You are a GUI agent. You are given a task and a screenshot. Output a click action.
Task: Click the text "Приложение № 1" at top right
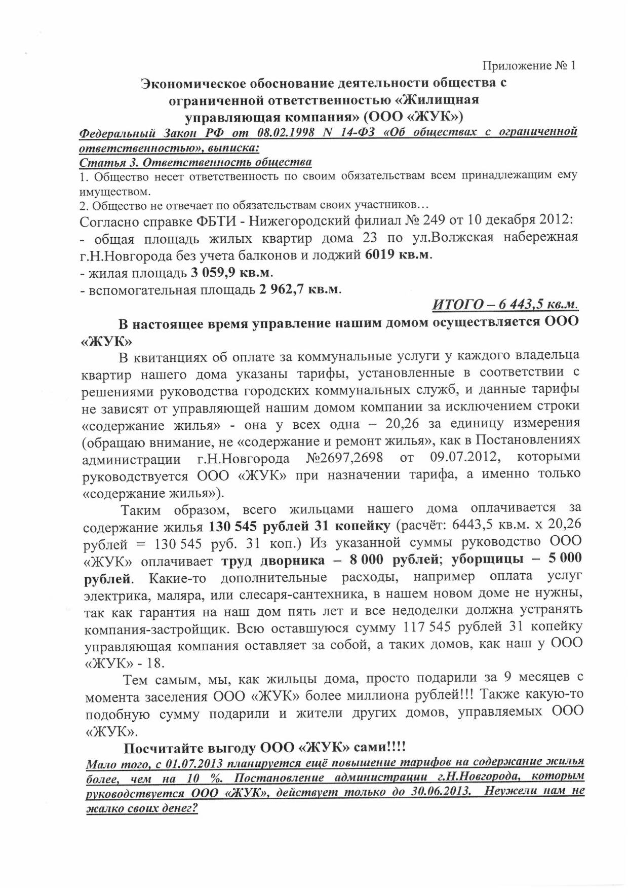(529, 65)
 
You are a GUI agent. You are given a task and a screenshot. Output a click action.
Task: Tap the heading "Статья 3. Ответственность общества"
(195, 162)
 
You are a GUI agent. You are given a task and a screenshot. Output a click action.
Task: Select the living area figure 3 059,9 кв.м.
(231, 273)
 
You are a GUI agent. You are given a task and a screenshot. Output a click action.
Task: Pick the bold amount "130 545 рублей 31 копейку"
(299, 526)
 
